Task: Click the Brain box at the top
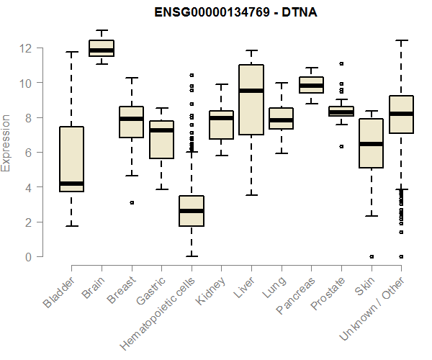pyautogui.click(x=101, y=48)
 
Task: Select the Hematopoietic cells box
pyautogui.click(x=191, y=210)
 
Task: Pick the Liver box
pyautogui.click(x=251, y=99)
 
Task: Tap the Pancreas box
pyautogui.click(x=311, y=85)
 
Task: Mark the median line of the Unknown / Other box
pyautogui.click(x=401, y=114)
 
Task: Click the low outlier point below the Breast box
pyautogui.click(x=131, y=203)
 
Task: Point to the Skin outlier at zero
pyautogui.click(x=371, y=256)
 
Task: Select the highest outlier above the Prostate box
pyautogui.click(x=341, y=64)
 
